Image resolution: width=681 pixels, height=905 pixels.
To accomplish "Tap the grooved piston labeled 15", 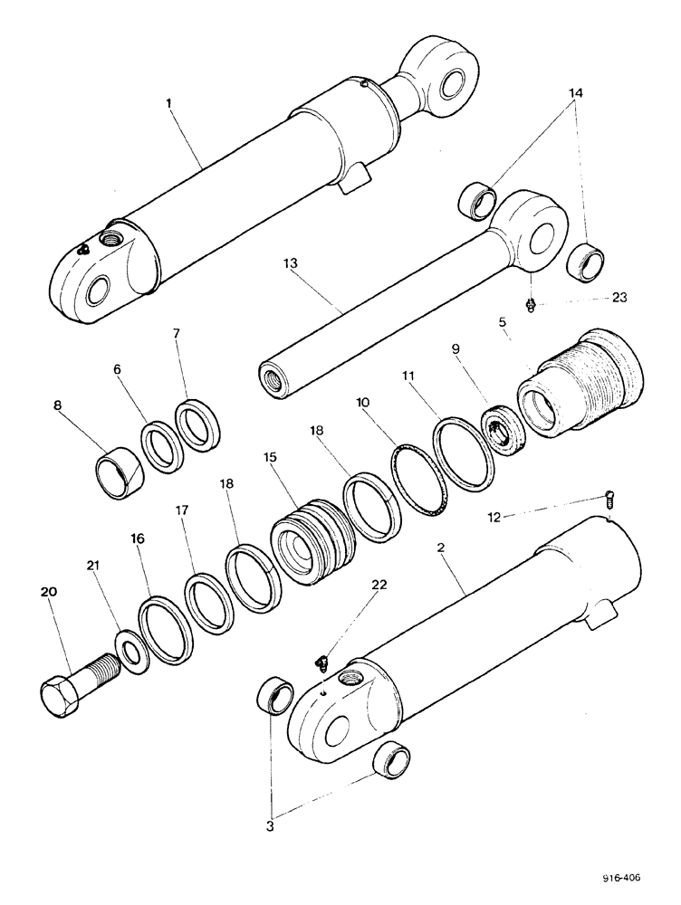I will point(311,544).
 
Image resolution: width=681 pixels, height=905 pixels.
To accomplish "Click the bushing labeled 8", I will point(119,472).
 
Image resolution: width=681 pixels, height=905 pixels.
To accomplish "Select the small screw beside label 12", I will point(610,496).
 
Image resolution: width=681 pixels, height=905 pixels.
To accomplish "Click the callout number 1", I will point(168,103).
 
